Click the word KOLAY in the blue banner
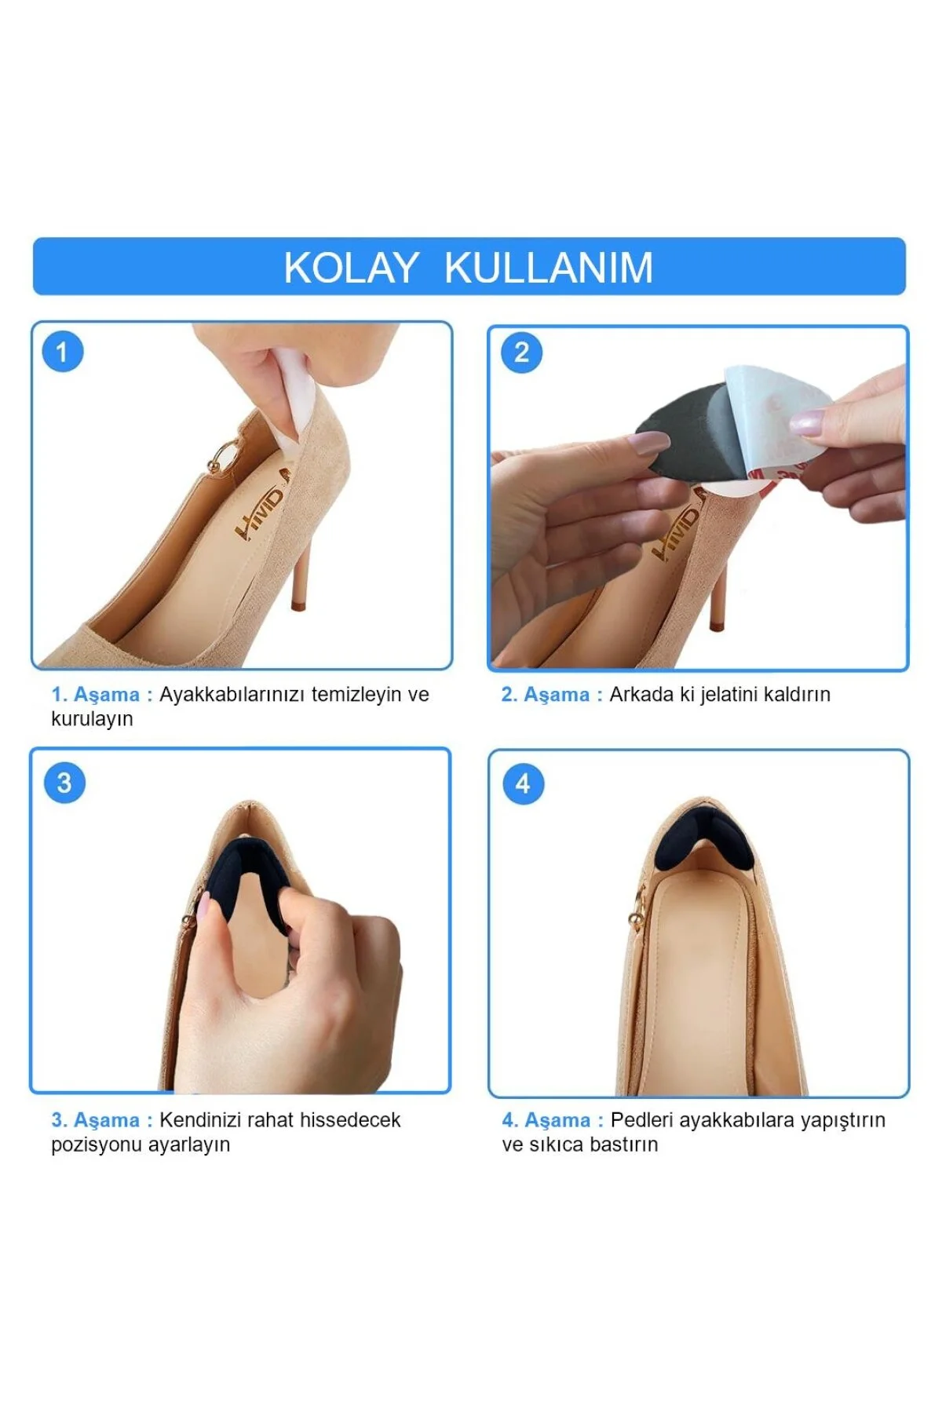[x=350, y=268]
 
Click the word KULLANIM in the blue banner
[x=549, y=268]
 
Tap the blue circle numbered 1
[x=63, y=352]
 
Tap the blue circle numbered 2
[x=521, y=352]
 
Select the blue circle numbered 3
[x=64, y=783]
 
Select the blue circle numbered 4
[x=523, y=783]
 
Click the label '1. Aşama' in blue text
[x=95, y=695]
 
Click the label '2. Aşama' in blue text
[x=546, y=695]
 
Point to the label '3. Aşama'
[x=95, y=1120]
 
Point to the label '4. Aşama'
[x=546, y=1120]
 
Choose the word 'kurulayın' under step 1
[x=92, y=719]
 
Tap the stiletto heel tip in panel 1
[x=297, y=606]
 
